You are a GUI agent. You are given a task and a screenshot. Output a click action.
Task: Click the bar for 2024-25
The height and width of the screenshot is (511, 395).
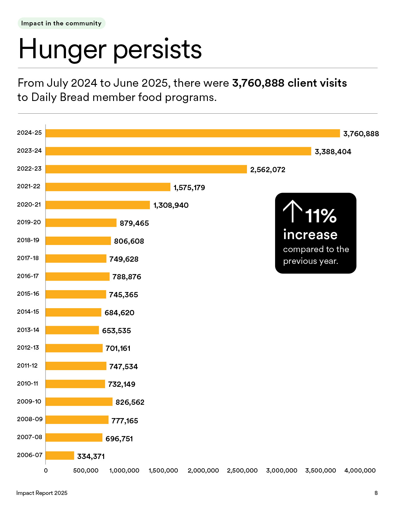point(192,133)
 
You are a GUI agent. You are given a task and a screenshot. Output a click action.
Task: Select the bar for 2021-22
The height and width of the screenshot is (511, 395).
point(108,187)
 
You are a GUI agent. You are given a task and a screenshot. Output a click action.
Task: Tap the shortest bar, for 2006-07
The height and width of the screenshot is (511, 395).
point(60,455)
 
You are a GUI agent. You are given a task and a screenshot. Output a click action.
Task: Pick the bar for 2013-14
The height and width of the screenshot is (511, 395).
point(72,330)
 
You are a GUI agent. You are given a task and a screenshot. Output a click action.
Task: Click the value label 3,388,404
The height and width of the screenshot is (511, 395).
point(333,152)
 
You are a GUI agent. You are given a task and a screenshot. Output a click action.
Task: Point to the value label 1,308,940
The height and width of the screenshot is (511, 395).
point(171,205)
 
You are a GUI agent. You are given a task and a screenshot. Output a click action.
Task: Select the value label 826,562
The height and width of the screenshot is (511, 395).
point(130,402)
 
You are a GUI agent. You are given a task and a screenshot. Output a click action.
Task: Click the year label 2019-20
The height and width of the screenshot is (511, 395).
point(29,222)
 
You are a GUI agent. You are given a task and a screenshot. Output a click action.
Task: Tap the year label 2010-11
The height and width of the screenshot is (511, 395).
point(28,383)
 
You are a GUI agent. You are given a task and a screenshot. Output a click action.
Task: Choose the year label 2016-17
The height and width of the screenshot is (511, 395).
point(28,276)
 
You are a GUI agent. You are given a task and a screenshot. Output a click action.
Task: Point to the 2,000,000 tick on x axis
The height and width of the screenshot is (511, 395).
point(203,470)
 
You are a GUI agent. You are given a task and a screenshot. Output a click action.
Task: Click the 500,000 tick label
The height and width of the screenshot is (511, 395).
point(86,470)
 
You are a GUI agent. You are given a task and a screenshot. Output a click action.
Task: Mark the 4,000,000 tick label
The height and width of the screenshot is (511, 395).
point(360,470)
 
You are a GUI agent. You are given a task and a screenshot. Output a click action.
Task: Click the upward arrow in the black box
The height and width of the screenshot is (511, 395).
point(292,211)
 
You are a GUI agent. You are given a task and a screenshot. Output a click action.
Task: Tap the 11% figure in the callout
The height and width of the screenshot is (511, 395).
point(321,216)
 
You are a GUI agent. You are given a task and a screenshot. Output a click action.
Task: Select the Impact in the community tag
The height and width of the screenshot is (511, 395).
point(61,24)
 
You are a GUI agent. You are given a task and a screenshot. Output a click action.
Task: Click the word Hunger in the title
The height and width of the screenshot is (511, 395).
point(62,50)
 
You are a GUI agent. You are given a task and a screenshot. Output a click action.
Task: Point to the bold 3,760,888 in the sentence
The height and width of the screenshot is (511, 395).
point(258,83)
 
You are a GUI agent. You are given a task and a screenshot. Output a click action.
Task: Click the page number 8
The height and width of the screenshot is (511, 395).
point(376,493)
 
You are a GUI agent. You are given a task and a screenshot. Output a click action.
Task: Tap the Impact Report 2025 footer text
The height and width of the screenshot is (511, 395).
point(42,493)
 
